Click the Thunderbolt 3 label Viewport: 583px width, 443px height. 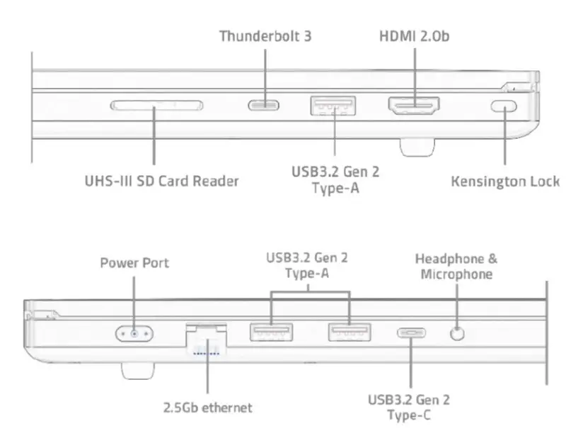click(x=265, y=35)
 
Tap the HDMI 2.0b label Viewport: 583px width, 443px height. click(x=414, y=35)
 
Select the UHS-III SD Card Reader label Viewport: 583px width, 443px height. click(x=161, y=181)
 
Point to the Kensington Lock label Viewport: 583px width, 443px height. click(x=505, y=181)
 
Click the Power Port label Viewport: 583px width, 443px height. click(x=134, y=263)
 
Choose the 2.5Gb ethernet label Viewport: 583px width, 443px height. click(x=207, y=408)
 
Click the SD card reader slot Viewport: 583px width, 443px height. click(x=156, y=106)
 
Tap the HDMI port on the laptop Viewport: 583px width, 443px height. click(x=413, y=106)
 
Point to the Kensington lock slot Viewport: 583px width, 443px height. click(x=504, y=106)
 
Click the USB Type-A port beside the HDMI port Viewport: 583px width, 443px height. click(x=333, y=106)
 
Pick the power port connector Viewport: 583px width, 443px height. click(x=134, y=332)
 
